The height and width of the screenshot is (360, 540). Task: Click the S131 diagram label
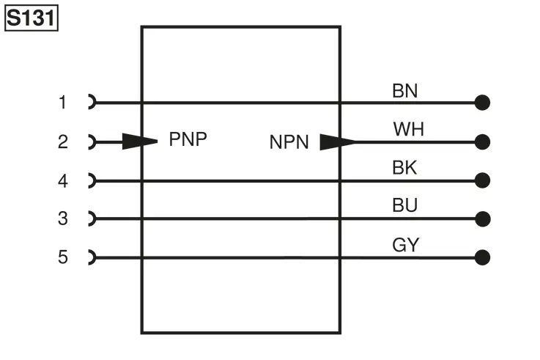(32, 18)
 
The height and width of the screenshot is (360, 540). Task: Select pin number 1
(63, 103)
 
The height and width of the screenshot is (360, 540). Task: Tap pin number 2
(63, 142)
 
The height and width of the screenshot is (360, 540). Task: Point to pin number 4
(63, 181)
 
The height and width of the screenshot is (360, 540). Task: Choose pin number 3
(63, 218)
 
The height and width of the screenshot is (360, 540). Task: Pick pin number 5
(63, 257)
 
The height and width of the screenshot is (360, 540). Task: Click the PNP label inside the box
(188, 139)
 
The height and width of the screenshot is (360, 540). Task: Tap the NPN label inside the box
(289, 142)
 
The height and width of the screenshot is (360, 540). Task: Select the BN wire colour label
(405, 91)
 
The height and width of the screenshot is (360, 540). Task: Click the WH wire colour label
(408, 129)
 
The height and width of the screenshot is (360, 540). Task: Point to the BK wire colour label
(404, 168)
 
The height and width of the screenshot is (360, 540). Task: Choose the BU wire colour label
(405, 205)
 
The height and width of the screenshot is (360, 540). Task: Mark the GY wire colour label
(406, 245)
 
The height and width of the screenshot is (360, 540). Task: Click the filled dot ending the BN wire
(482, 103)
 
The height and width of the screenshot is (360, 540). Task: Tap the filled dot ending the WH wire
(482, 142)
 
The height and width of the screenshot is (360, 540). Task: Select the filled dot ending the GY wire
(482, 257)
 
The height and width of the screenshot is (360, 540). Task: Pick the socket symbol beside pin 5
(92, 257)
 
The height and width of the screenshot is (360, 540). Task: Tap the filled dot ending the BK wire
(482, 180)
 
